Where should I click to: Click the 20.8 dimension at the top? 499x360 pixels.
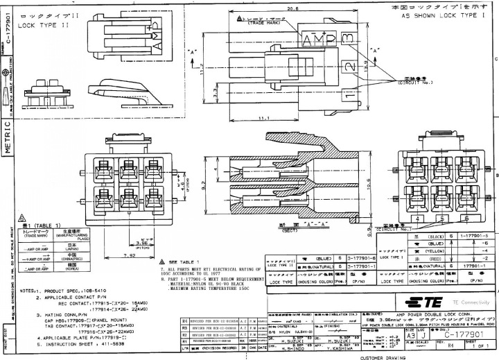pyautogui.click(x=292, y=9)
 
